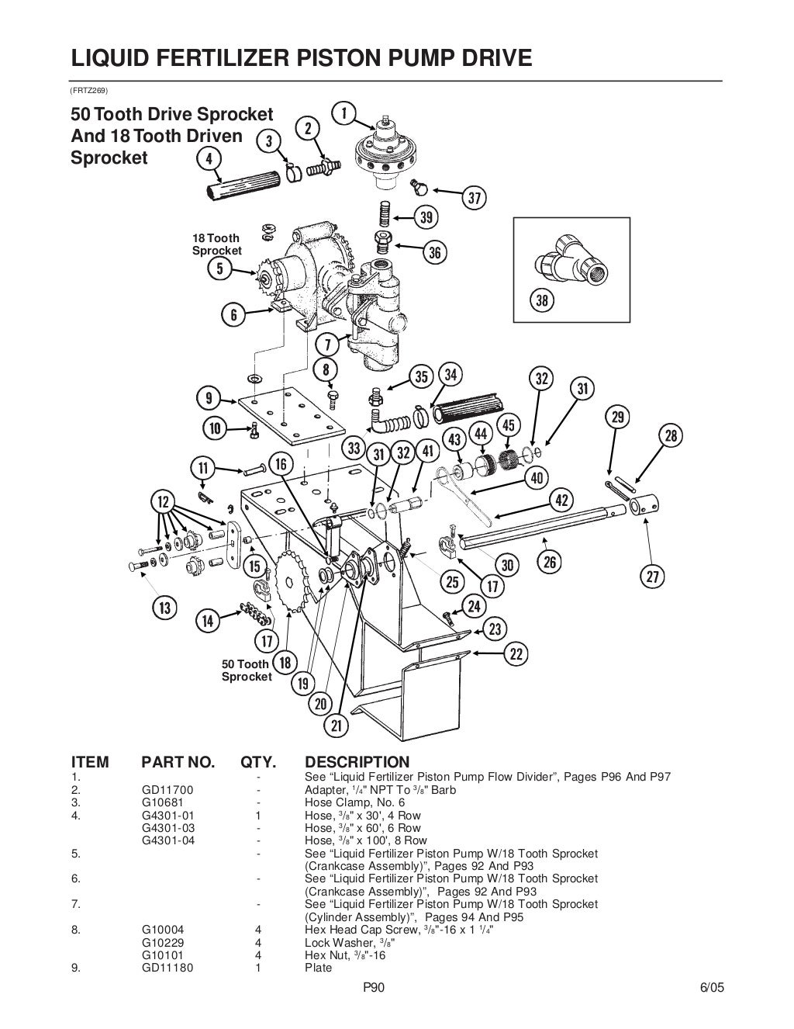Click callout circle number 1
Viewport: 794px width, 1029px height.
coord(343,113)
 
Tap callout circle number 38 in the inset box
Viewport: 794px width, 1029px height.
coord(542,300)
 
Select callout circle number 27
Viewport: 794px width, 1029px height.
coord(652,576)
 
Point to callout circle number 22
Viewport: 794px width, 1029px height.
coord(516,653)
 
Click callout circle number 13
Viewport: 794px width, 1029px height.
coord(165,606)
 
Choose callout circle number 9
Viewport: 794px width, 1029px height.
coord(209,399)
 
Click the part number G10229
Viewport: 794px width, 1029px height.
coord(163,943)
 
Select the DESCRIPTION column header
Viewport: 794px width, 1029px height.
coord(357,762)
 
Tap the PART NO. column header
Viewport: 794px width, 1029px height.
coord(177,762)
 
